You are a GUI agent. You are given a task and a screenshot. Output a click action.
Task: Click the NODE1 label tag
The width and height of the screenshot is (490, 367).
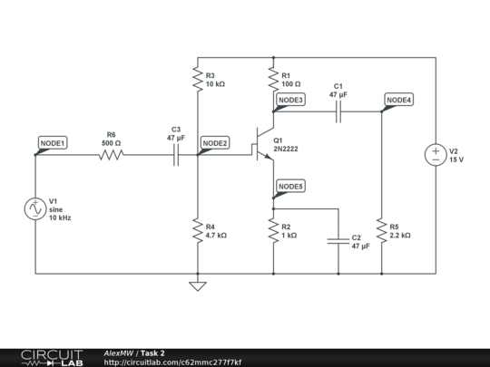[53, 143]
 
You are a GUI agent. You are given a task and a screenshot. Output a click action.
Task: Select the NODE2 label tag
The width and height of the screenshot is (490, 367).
[215, 143]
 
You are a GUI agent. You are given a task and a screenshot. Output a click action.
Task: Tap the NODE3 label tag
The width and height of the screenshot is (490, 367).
[290, 100]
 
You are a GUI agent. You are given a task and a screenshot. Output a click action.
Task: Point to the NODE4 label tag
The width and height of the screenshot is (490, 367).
[398, 100]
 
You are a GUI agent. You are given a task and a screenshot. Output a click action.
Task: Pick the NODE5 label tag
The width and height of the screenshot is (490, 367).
[290, 187]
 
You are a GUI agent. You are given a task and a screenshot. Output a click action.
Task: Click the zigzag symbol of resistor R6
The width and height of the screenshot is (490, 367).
[111, 155]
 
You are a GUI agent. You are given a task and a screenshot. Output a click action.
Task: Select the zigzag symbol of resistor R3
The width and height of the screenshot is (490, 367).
[198, 79]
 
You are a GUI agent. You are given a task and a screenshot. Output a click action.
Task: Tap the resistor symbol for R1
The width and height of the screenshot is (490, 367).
[273, 79]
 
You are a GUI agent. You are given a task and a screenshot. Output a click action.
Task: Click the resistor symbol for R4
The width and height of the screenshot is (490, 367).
[198, 231]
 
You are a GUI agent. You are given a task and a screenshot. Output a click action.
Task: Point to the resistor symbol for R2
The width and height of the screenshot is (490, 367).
[273, 231]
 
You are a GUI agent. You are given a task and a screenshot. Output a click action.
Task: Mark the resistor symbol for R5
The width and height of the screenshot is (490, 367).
[381, 231]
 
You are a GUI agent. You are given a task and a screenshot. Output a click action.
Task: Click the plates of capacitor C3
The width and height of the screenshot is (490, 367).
[176, 155]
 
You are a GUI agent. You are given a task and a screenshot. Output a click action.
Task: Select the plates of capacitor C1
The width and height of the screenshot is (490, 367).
[338, 111]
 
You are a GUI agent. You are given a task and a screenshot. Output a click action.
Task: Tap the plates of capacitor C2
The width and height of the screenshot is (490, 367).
[338, 241]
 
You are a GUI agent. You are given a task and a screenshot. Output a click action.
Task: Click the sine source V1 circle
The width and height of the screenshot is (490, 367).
[35, 208]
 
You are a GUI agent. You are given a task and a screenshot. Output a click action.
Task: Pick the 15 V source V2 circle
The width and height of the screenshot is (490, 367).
[436, 155]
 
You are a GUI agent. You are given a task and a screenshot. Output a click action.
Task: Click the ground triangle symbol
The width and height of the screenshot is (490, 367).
[198, 286]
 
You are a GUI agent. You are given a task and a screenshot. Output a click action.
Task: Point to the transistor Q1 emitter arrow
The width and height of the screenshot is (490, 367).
[269, 157]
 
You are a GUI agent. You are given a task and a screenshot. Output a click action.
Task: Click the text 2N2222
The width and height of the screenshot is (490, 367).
[286, 149]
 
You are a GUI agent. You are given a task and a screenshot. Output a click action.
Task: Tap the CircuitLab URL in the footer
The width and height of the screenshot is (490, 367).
[172, 362]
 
